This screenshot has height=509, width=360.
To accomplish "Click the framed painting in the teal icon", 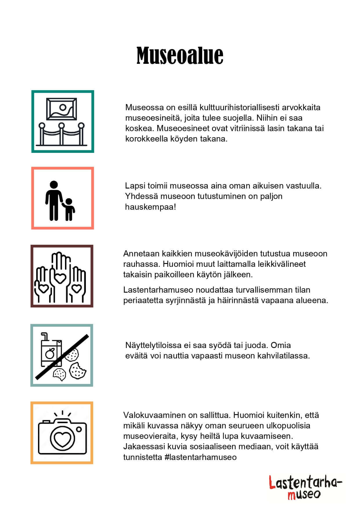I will click(x=62, y=109).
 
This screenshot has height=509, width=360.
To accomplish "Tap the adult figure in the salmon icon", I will click(x=54, y=200).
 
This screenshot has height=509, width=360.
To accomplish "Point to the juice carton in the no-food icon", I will click(x=51, y=351).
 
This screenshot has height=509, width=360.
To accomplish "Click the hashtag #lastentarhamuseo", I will click(x=200, y=457).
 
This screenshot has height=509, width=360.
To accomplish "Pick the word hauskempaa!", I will click(x=151, y=207).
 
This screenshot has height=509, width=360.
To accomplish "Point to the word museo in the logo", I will click(x=304, y=494).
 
